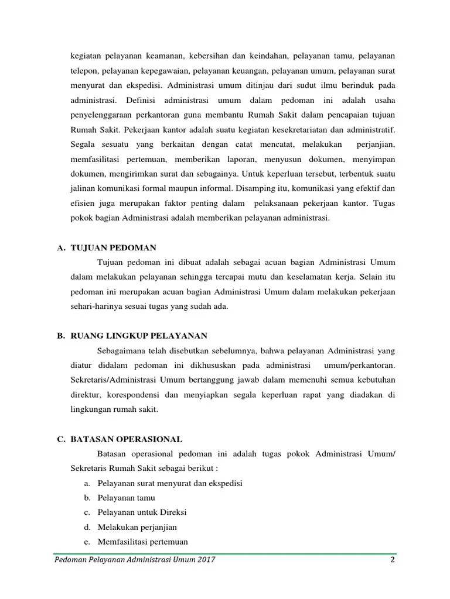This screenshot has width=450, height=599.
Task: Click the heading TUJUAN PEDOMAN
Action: (114, 247)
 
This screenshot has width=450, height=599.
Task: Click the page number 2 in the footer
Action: (392, 560)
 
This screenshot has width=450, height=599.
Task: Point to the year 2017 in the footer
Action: (206, 560)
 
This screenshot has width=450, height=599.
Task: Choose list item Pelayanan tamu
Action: (127, 498)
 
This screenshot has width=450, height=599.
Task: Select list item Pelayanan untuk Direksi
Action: (142, 512)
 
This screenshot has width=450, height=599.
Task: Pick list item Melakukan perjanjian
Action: (137, 527)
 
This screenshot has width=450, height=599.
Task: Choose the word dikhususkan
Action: (222, 366)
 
